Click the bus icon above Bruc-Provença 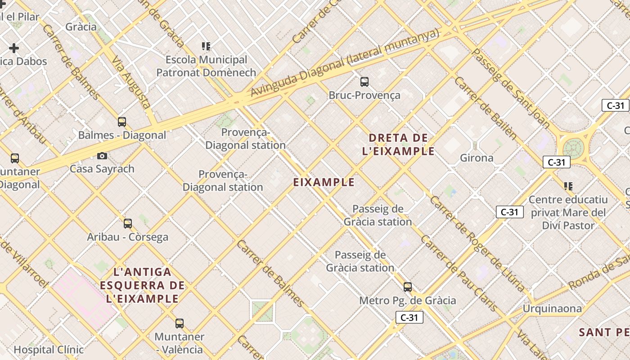point(364,82)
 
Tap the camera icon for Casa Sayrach point(102,156)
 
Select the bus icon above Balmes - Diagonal point(122,121)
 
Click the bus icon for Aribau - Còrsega point(128,223)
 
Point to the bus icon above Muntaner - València point(180,323)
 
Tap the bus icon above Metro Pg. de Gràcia point(408,287)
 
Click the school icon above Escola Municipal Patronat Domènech point(206,46)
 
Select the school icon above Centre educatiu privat point(568,186)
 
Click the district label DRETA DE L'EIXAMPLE point(398,144)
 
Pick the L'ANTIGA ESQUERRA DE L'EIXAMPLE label point(143,285)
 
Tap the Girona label point(477,158)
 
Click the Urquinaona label point(552,309)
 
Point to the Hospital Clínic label point(49,350)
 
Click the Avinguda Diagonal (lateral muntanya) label point(344,63)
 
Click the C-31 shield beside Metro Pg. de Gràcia point(409,317)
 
